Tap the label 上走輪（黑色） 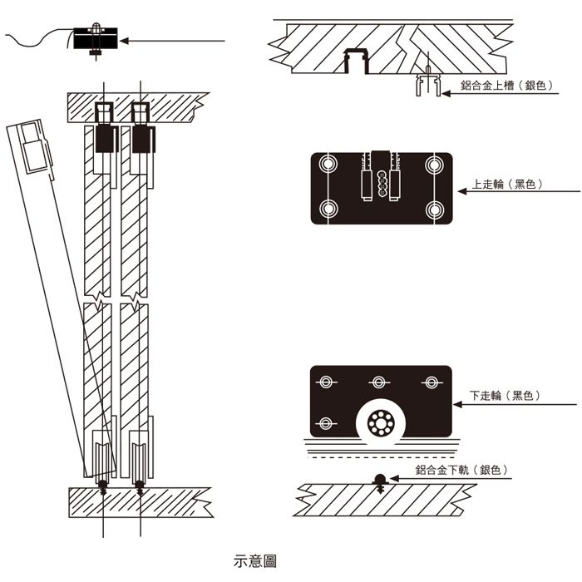click(x=508, y=185)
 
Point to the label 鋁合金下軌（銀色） click(x=461, y=471)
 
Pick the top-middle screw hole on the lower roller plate click(x=379, y=382)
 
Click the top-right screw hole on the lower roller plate click(x=431, y=382)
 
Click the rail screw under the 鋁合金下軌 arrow click(x=380, y=481)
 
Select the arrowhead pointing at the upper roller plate click(x=458, y=191)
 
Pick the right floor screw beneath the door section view click(x=140, y=487)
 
